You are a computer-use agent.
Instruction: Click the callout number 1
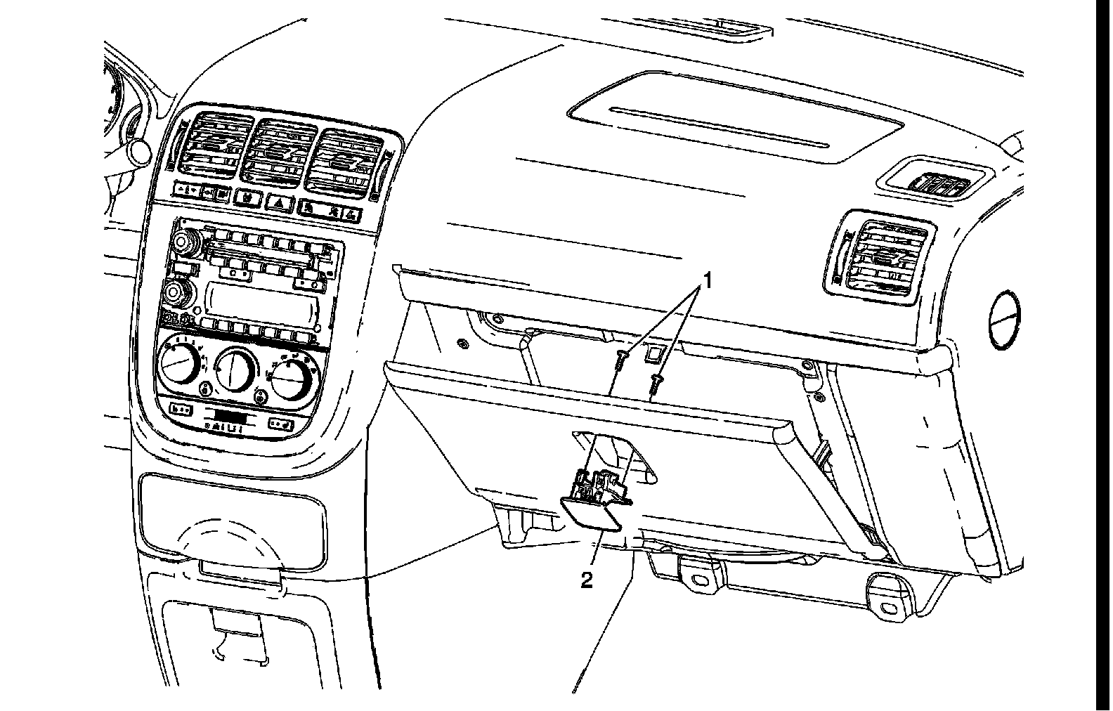click(x=708, y=282)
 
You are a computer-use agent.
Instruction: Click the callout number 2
click(x=586, y=580)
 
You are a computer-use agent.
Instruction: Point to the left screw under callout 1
click(x=620, y=362)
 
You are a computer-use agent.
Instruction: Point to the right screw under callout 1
click(x=658, y=383)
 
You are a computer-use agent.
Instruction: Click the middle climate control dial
click(x=234, y=370)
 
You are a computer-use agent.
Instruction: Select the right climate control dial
click(x=292, y=379)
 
